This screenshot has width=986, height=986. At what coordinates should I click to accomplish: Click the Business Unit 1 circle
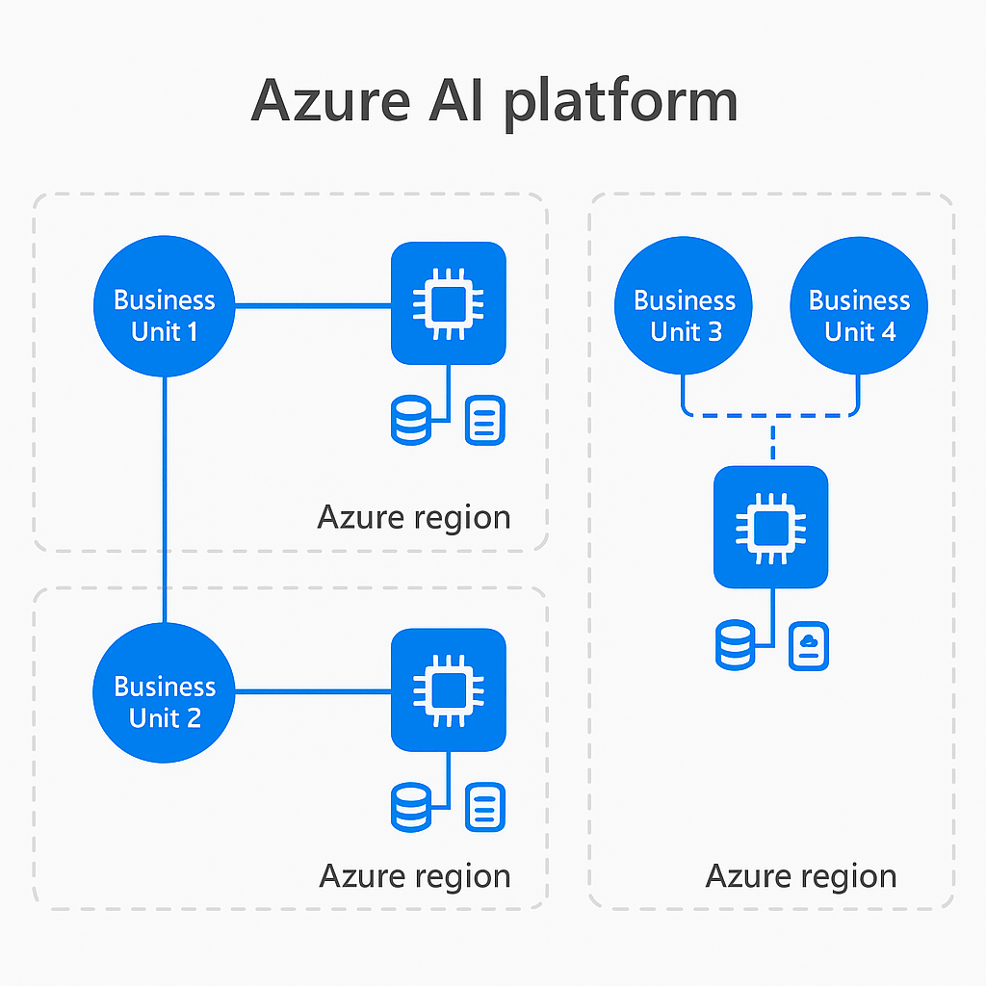coord(164,306)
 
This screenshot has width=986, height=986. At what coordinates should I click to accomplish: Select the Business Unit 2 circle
coord(164,692)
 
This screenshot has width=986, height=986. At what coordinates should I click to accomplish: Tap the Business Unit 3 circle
coord(684,305)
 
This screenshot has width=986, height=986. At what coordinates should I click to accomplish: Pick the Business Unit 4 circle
coord(859,305)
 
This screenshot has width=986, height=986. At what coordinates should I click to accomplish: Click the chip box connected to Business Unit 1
coord(449,303)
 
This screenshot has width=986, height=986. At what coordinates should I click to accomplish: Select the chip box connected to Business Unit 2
coord(449,689)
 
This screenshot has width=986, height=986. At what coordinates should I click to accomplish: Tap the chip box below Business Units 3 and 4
coord(771,527)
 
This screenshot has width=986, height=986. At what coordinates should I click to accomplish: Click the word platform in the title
coord(621,102)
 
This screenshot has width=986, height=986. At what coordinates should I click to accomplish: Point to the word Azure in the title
coord(331,100)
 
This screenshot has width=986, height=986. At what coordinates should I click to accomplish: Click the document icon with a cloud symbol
coord(809,646)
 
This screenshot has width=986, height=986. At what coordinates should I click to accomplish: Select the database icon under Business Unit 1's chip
coord(411,420)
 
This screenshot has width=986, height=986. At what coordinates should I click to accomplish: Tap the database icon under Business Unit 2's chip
coord(411,808)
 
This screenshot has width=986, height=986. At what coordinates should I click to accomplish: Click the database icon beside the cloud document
coord(735,645)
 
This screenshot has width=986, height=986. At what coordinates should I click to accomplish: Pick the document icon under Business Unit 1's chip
coord(485,420)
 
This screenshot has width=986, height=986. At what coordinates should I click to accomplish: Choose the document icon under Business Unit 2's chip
coord(485,808)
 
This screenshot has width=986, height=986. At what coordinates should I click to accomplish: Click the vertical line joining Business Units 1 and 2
coord(165,500)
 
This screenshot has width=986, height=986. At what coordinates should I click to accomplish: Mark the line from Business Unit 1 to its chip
coord(313,306)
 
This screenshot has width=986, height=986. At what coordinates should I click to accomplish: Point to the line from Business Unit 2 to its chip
coord(313,691)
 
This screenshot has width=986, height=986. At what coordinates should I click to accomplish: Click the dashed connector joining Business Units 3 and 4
coord(771,415)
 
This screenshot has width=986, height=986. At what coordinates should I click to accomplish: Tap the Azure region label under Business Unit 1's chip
coord(414,518)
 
